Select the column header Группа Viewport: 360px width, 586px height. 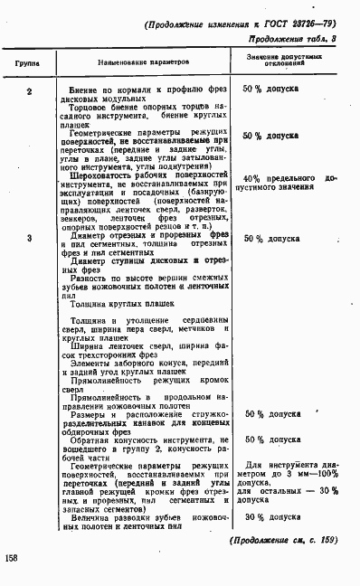click(x=26, y=66)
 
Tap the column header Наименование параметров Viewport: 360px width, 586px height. click(x=144, y=66)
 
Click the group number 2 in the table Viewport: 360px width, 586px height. click(x=29, y=90)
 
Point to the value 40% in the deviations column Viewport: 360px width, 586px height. click(x=252, y=179)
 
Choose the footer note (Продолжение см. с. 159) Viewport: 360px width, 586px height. click(x=284, y=540)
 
